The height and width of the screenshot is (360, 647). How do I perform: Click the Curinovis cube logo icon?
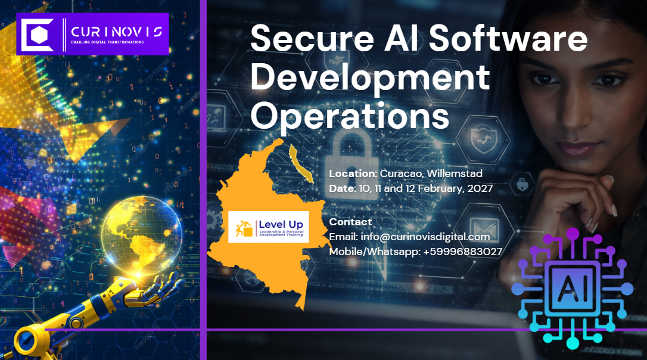(x=37, y=35)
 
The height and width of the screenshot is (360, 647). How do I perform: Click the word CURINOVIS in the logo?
(x=116, y=31)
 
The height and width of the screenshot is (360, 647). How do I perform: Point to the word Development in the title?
(x=370, y=77)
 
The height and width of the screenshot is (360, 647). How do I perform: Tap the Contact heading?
(x=350, y=222)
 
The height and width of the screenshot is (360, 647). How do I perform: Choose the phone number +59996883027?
(x=462, y=252)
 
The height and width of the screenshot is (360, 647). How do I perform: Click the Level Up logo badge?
(x=269, y=226)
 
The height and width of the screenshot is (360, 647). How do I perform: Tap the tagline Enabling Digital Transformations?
(x=107, y=42)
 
